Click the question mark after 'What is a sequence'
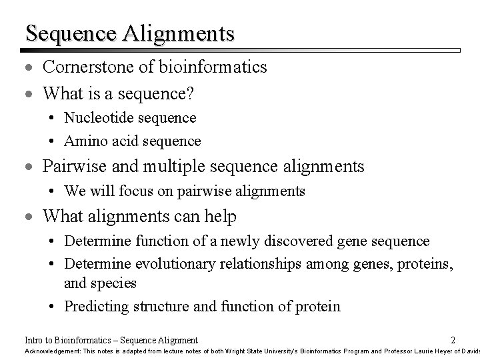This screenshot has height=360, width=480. [191, 95]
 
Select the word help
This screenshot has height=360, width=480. [221, 217]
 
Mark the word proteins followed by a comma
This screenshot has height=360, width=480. [425, 265]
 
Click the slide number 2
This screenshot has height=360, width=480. [453, 339]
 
